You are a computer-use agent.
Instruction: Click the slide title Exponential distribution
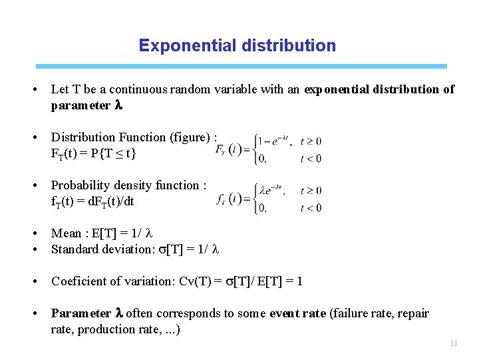click(238, 46)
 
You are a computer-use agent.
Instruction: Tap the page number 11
click(454, 343)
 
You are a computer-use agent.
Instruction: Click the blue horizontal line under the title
click(241, 67)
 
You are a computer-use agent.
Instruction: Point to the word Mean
click(67, 233)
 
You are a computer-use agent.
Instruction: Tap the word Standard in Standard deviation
click(75, 249)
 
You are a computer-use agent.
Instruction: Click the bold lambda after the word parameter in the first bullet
click(119, 105)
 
